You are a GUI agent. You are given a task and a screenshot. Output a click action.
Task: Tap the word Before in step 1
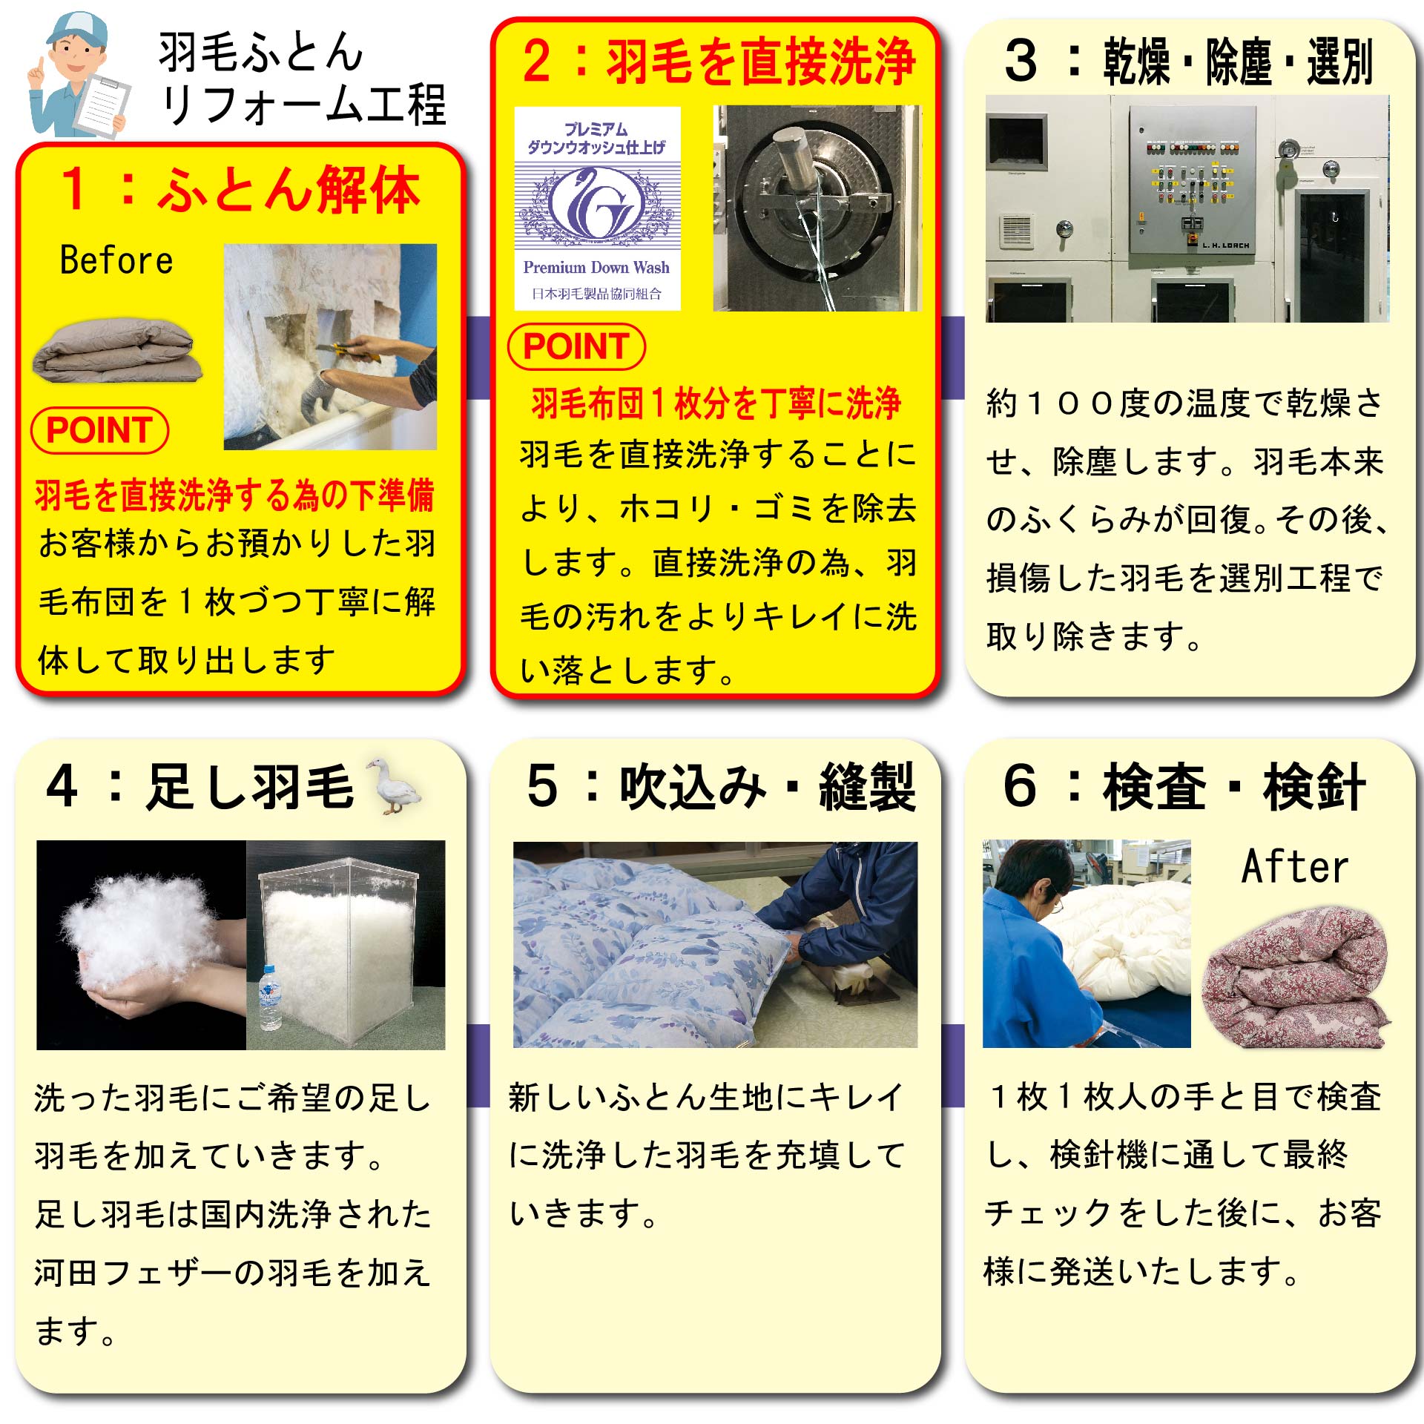[x=116, y=260]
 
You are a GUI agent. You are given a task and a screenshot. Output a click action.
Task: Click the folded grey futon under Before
[x=117, y=351]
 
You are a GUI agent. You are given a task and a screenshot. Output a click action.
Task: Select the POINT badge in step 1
[x=99, y=430]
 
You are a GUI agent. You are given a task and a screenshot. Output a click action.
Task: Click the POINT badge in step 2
[x=576, y=346]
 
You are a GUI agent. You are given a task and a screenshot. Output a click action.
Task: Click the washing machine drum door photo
[x=816, y=208]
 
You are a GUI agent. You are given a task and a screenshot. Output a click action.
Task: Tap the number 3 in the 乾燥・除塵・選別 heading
[x=1021, y=61]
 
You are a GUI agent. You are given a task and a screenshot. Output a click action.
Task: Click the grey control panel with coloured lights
[x=1193, y=182]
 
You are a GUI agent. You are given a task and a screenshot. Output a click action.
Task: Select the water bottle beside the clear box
[x=271, y=998]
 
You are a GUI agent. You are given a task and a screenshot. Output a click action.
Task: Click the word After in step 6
[x=1295, y=866]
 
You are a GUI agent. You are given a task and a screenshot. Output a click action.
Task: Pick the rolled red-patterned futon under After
[x=1295, y=979]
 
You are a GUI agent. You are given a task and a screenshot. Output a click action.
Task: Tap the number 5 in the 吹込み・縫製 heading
[x=542, y=786]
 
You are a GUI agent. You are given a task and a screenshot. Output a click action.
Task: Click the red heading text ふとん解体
[x=289, y=190]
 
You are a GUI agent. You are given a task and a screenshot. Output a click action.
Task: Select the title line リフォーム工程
[x=303, y=105]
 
